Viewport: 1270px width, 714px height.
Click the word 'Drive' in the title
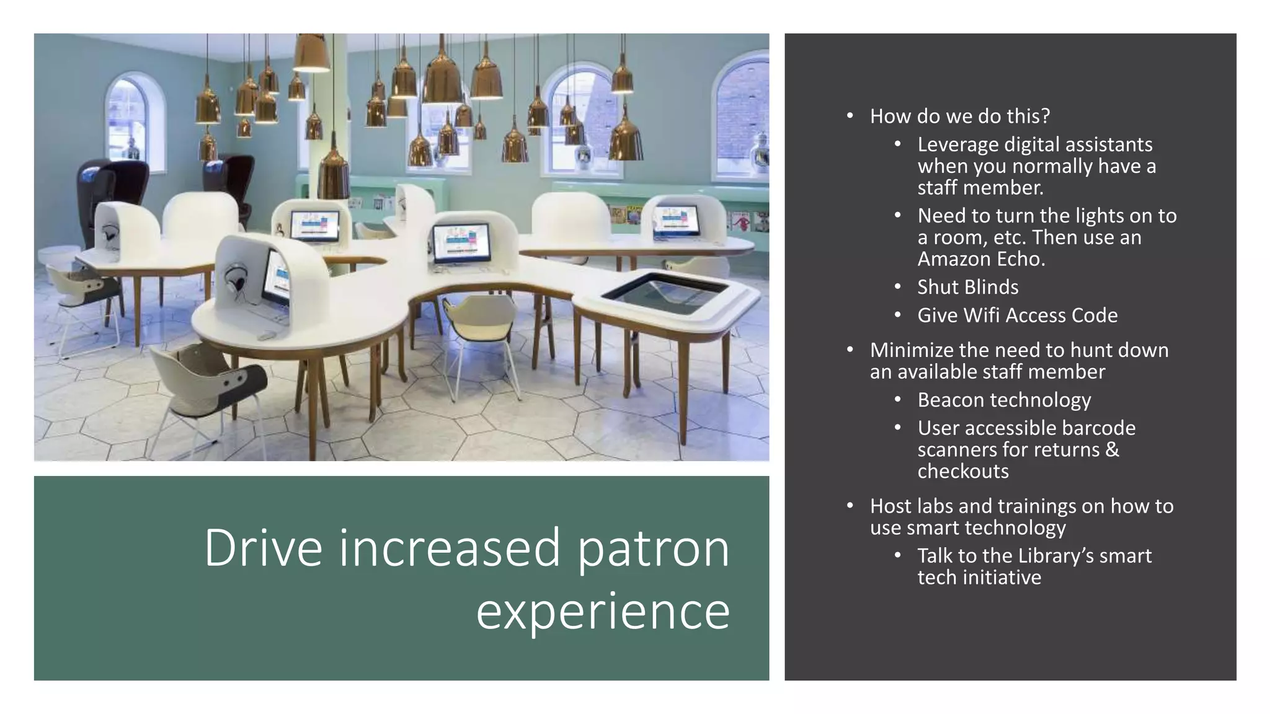263,548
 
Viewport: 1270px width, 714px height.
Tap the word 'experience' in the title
603,611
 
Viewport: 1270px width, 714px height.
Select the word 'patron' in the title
654,548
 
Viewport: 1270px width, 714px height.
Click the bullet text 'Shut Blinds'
967,287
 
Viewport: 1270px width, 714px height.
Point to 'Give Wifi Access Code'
1017,315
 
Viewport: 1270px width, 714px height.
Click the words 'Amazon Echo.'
981,259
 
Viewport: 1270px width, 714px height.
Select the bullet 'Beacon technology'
1004,400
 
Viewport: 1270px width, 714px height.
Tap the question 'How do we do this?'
959,116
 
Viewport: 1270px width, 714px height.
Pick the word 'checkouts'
963,472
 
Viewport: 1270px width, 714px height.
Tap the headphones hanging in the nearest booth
236,276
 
